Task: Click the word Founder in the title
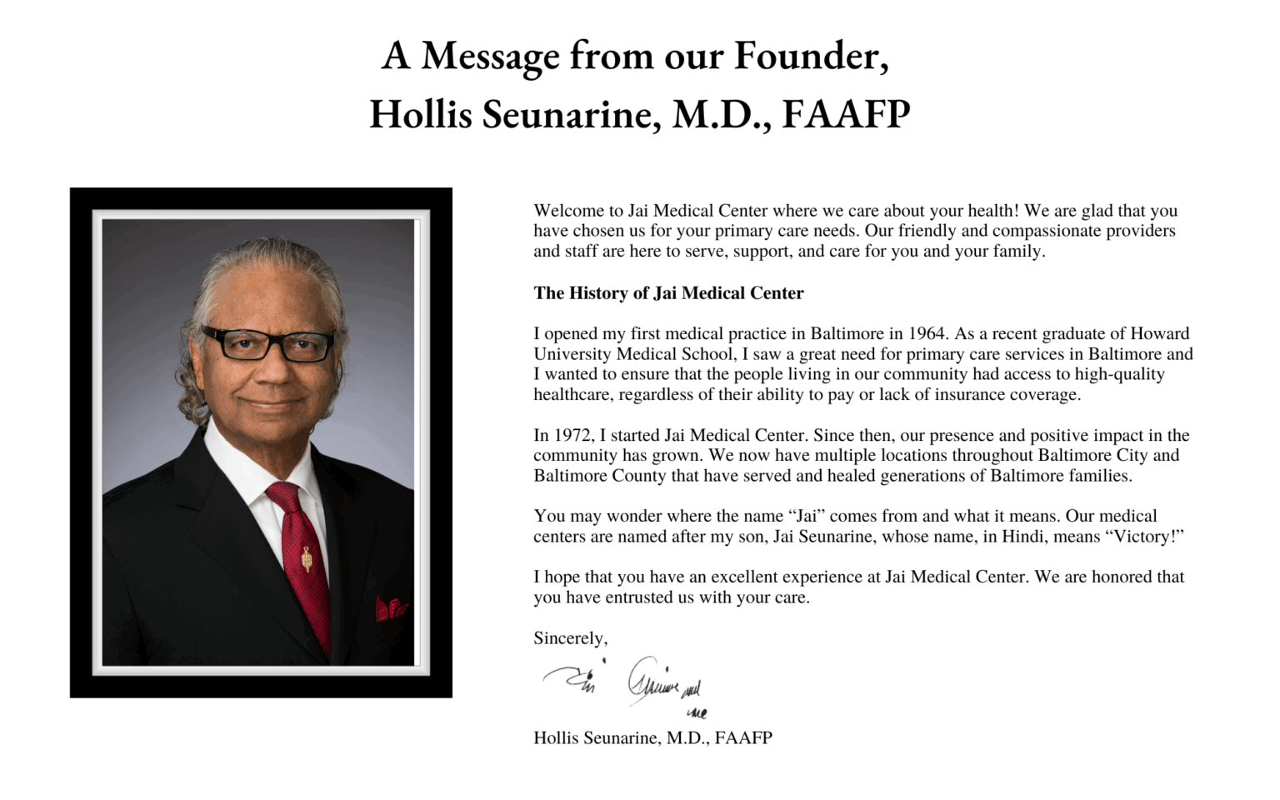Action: (x=809, y=56)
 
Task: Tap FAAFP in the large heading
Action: (x=846, y=114)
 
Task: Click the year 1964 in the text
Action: (x=926, y=334)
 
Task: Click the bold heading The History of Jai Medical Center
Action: (x=668, y=293)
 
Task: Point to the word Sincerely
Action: (x=570, y=638)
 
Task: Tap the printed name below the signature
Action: (x=652, y=738)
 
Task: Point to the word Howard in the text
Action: (x=1159, y=334)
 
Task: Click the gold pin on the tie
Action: (x=307, y=558)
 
